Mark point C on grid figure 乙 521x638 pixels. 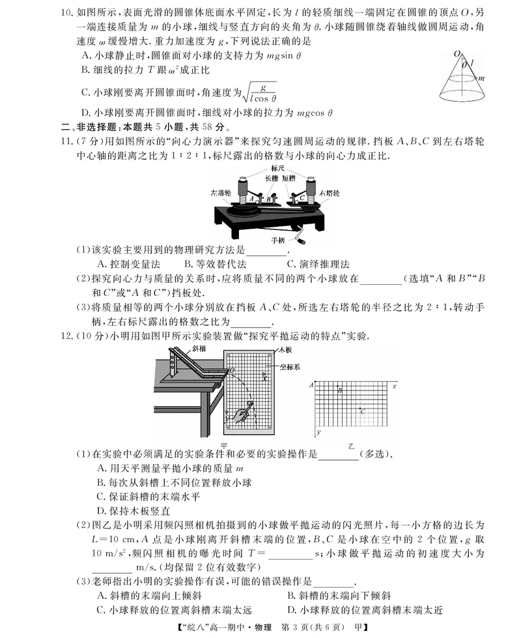[x=361, y=410]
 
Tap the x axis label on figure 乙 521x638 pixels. [x=395, y=386]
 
